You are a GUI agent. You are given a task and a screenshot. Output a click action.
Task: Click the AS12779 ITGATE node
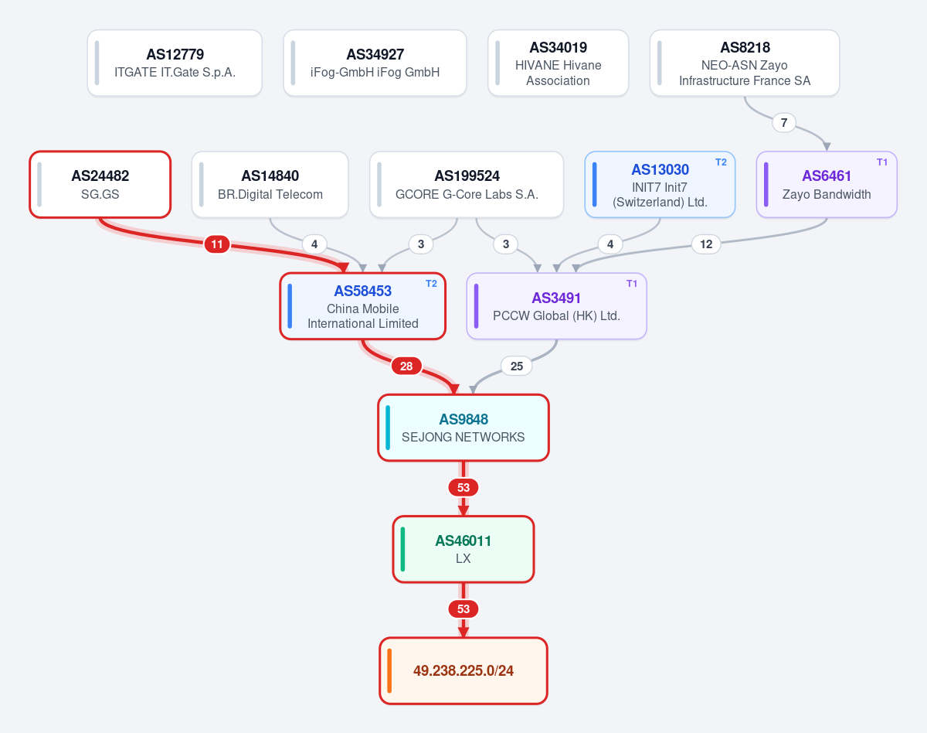[x=175, y=63]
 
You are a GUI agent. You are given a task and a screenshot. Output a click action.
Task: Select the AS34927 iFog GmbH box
[x=375, y=63]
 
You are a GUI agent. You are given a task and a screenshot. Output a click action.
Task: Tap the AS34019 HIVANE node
[x=558, y=63]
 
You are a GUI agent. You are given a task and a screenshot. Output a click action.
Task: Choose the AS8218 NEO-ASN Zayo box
[x=745, y=63]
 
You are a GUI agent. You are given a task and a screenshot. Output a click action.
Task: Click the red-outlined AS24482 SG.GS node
[x=100, y=185]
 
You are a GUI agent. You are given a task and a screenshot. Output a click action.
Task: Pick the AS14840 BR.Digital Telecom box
[x=270, y=185]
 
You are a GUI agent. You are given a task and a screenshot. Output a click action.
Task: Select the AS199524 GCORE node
[x=467, y=185]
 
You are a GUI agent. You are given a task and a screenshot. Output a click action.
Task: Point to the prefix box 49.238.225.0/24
[x=463, y=670]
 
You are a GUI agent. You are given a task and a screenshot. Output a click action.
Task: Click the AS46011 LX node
[x=463, y=549]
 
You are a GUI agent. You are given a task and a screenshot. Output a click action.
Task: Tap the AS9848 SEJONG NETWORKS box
[x=463, y=428]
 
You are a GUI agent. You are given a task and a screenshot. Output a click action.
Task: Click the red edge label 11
[x=216, y=244]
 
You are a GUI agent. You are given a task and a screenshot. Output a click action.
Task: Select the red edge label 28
[x=406, y=366]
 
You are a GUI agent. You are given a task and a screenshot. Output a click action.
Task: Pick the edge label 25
[x=517, y=366]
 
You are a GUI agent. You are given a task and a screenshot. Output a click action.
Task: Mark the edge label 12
[x=706, y=244]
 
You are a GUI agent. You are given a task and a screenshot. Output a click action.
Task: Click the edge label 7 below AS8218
[x=784, y=123]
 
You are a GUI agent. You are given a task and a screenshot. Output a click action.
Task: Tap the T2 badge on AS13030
[x=721, y=162]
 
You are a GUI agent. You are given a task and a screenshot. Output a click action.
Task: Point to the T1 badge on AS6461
[x=882, y=162]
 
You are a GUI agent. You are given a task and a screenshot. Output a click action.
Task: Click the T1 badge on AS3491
[x=631, y=283]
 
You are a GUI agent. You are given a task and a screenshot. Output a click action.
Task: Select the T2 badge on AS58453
[x=431, y=283]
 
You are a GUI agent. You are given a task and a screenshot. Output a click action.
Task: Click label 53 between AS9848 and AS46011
[x=463, y=488]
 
